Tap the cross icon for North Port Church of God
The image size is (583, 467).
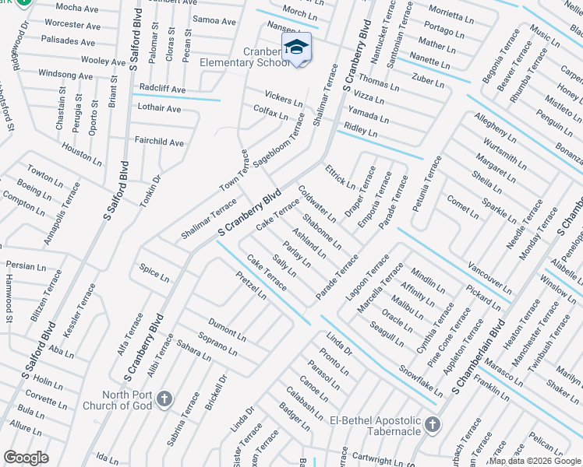click(164, 399)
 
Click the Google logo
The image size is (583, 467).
click(26, 458)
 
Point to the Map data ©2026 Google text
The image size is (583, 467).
click(535, 461)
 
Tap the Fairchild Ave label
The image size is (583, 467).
click(159, 142)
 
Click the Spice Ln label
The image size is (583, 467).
click(154, 272)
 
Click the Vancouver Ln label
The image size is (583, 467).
click(490, 276)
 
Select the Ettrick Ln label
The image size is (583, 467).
click(340, 177)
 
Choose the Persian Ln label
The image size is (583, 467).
click(21, 265)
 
